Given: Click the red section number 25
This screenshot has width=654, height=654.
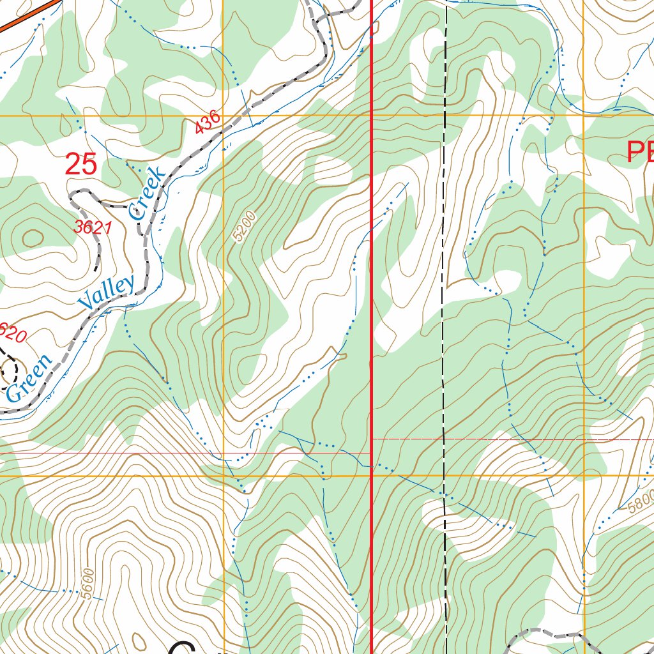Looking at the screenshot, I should click(x=81, y=165).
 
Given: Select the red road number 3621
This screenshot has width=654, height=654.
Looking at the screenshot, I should click(x=93, y=227).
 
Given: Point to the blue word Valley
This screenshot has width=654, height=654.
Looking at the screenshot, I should click(x=107, y=293).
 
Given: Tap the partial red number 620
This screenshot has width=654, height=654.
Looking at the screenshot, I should click(x=13, y=332).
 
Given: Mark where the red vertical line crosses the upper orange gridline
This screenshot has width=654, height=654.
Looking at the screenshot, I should click(x=372, y=116).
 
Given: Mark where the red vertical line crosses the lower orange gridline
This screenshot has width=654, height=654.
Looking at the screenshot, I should click(x=372, y=476).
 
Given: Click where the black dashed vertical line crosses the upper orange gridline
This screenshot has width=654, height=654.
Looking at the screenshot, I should click(x=445, y=116).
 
